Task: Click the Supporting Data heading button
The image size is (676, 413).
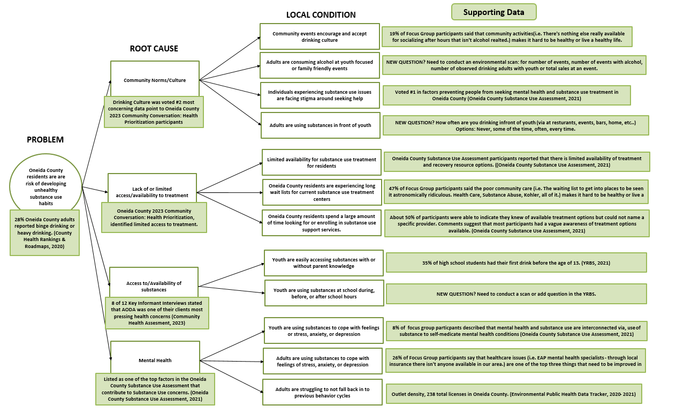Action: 493,12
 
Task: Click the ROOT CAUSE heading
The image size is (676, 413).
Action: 154,48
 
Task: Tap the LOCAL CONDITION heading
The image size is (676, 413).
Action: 321,15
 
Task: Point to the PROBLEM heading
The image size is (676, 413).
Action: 45,140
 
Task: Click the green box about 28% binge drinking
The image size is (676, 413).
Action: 45,232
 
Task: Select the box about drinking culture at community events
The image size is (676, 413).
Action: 320,36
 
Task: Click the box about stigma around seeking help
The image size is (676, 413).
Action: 320,95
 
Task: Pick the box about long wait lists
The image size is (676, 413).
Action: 321,192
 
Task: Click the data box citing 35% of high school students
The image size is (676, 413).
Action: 516,263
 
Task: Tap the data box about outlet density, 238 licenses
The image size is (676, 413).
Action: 513,394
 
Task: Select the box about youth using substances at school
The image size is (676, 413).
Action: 324,293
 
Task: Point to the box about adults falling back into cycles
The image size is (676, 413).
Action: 323,393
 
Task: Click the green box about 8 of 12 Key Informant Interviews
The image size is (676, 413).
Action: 157,313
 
